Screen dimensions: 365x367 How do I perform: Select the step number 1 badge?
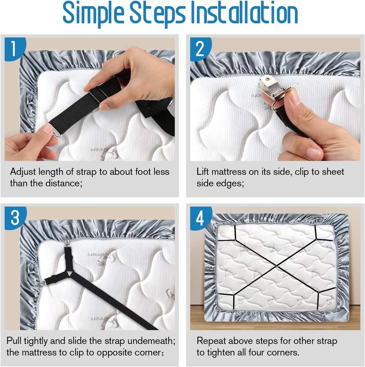tap(15, 49)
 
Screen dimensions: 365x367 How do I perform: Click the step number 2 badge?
tap(200, 49)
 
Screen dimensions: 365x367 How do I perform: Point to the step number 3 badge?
tap(15, 217)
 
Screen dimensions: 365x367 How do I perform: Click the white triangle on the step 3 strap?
tap(70, 273)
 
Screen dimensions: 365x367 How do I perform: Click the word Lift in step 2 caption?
tap(203, 172)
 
